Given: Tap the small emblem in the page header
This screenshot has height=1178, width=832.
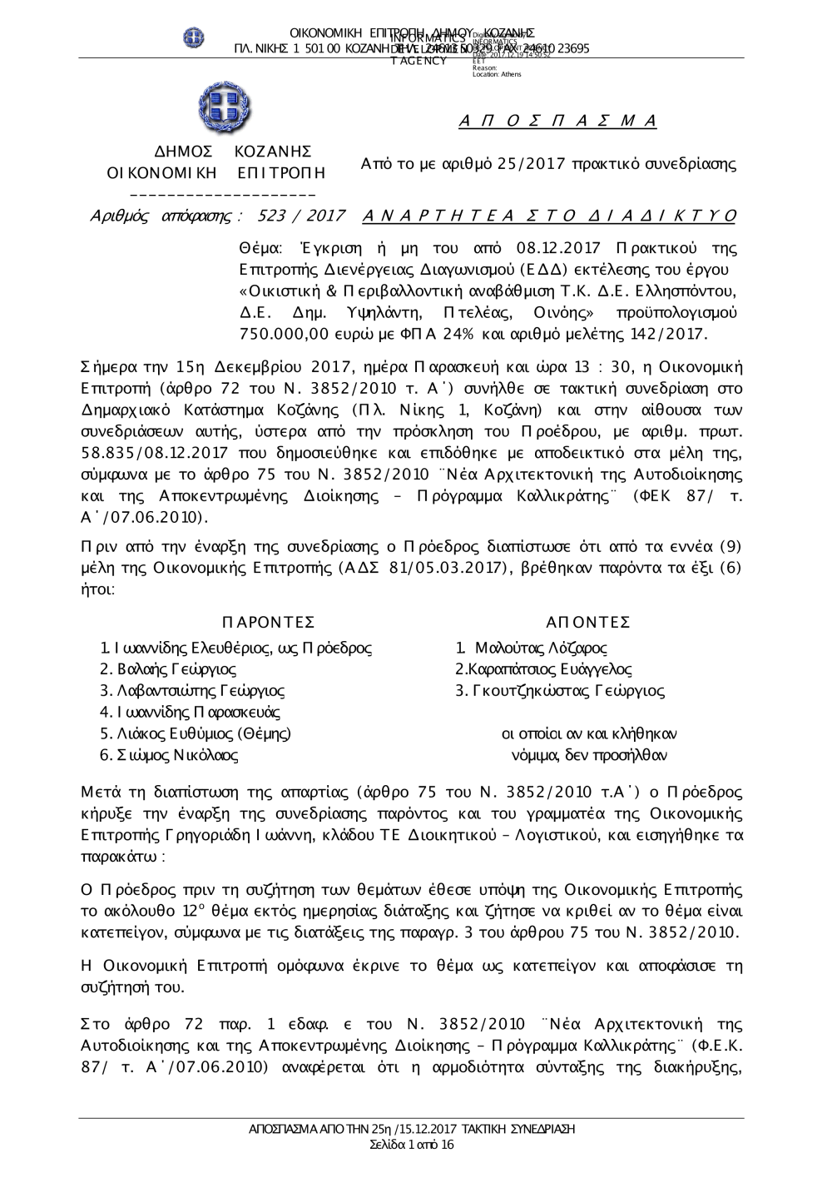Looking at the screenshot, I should coord(194,37).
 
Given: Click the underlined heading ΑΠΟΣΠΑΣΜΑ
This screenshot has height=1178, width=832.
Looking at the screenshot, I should coord(558,122).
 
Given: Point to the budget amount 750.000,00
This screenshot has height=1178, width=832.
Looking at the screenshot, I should coord(287,335).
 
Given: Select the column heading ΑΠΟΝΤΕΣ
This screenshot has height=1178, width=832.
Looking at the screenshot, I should coord(588,623).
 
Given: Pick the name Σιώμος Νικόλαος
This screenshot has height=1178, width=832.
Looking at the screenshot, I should coord(169,756).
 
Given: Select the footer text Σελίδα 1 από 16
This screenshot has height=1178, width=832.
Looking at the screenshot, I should coord(412,1146).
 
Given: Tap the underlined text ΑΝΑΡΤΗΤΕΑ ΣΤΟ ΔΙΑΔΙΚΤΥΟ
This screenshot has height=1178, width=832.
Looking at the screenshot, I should coord(550,216).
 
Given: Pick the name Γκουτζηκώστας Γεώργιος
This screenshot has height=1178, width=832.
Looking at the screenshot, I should coord(559,691).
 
